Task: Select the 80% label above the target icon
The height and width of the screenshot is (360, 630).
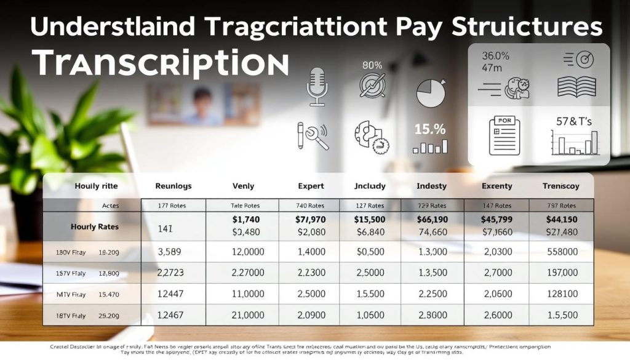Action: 372,65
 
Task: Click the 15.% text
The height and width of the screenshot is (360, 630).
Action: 430,130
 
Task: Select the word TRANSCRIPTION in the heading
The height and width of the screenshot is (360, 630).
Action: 160,63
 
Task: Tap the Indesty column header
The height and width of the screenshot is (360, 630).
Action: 431,186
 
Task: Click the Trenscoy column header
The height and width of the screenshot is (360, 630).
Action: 560,186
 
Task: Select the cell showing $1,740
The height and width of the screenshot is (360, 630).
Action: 245,220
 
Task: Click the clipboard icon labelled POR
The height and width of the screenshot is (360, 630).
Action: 504,135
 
